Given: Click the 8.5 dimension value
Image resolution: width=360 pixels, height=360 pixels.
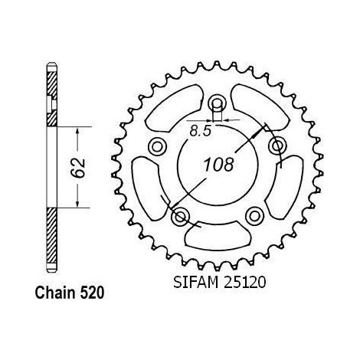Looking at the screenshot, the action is point(201,131).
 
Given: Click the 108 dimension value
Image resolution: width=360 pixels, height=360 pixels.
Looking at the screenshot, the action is point(218,165).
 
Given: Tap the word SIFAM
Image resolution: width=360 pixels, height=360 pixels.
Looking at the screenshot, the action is point(195,283).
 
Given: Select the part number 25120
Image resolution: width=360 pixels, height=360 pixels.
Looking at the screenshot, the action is point(245,283).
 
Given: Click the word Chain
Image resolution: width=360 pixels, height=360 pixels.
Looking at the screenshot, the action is point(56,293).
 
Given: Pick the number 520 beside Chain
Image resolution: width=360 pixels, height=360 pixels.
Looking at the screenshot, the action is point(93,293).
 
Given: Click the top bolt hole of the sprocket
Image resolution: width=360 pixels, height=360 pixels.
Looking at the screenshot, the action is point(217,103).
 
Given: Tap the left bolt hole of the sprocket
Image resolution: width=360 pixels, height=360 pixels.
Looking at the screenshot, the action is point(157,146).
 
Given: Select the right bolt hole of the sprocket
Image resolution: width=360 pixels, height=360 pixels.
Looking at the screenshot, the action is point(277,146).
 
